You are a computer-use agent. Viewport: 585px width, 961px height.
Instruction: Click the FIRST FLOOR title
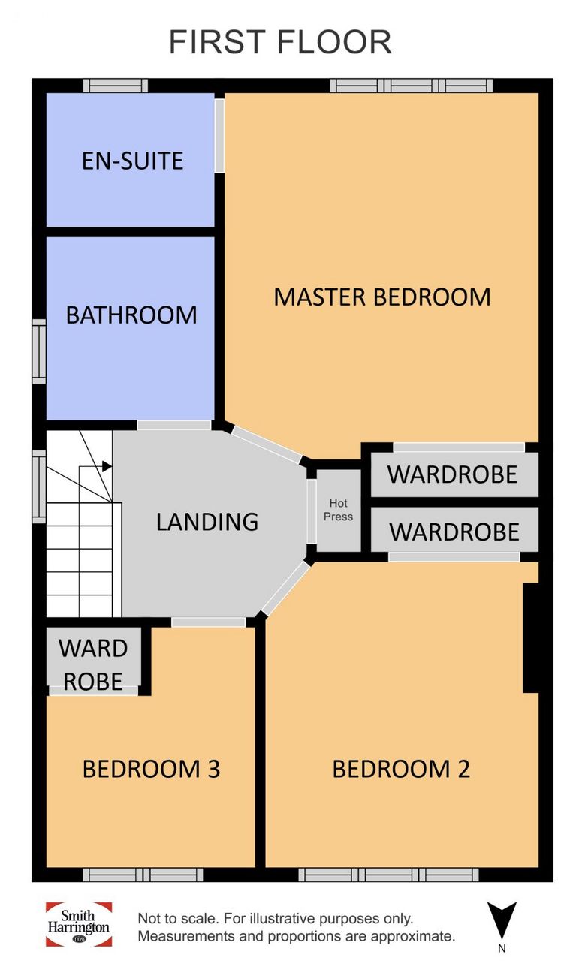280,41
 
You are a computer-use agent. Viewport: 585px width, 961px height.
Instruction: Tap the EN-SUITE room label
133,161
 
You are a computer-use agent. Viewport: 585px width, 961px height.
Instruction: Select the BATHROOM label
131,315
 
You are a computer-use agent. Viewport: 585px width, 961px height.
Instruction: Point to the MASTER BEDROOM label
382,297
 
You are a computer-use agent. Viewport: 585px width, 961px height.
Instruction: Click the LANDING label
207,522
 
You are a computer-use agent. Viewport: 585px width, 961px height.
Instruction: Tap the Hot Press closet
339,510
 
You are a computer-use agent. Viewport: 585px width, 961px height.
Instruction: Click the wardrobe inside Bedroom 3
93,660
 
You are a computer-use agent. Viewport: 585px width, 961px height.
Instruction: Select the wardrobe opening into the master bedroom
454,474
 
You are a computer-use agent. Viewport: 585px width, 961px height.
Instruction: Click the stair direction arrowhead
107,466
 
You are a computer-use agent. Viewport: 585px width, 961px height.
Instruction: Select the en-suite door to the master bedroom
219,136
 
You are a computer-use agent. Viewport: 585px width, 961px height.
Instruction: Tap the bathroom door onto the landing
173,426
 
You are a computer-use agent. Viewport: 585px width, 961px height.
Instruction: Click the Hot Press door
312,511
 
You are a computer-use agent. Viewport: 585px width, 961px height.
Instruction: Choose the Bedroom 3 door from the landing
208,622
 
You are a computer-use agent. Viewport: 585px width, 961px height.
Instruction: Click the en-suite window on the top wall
116,86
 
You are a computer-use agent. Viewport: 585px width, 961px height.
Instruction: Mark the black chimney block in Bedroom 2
531,638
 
